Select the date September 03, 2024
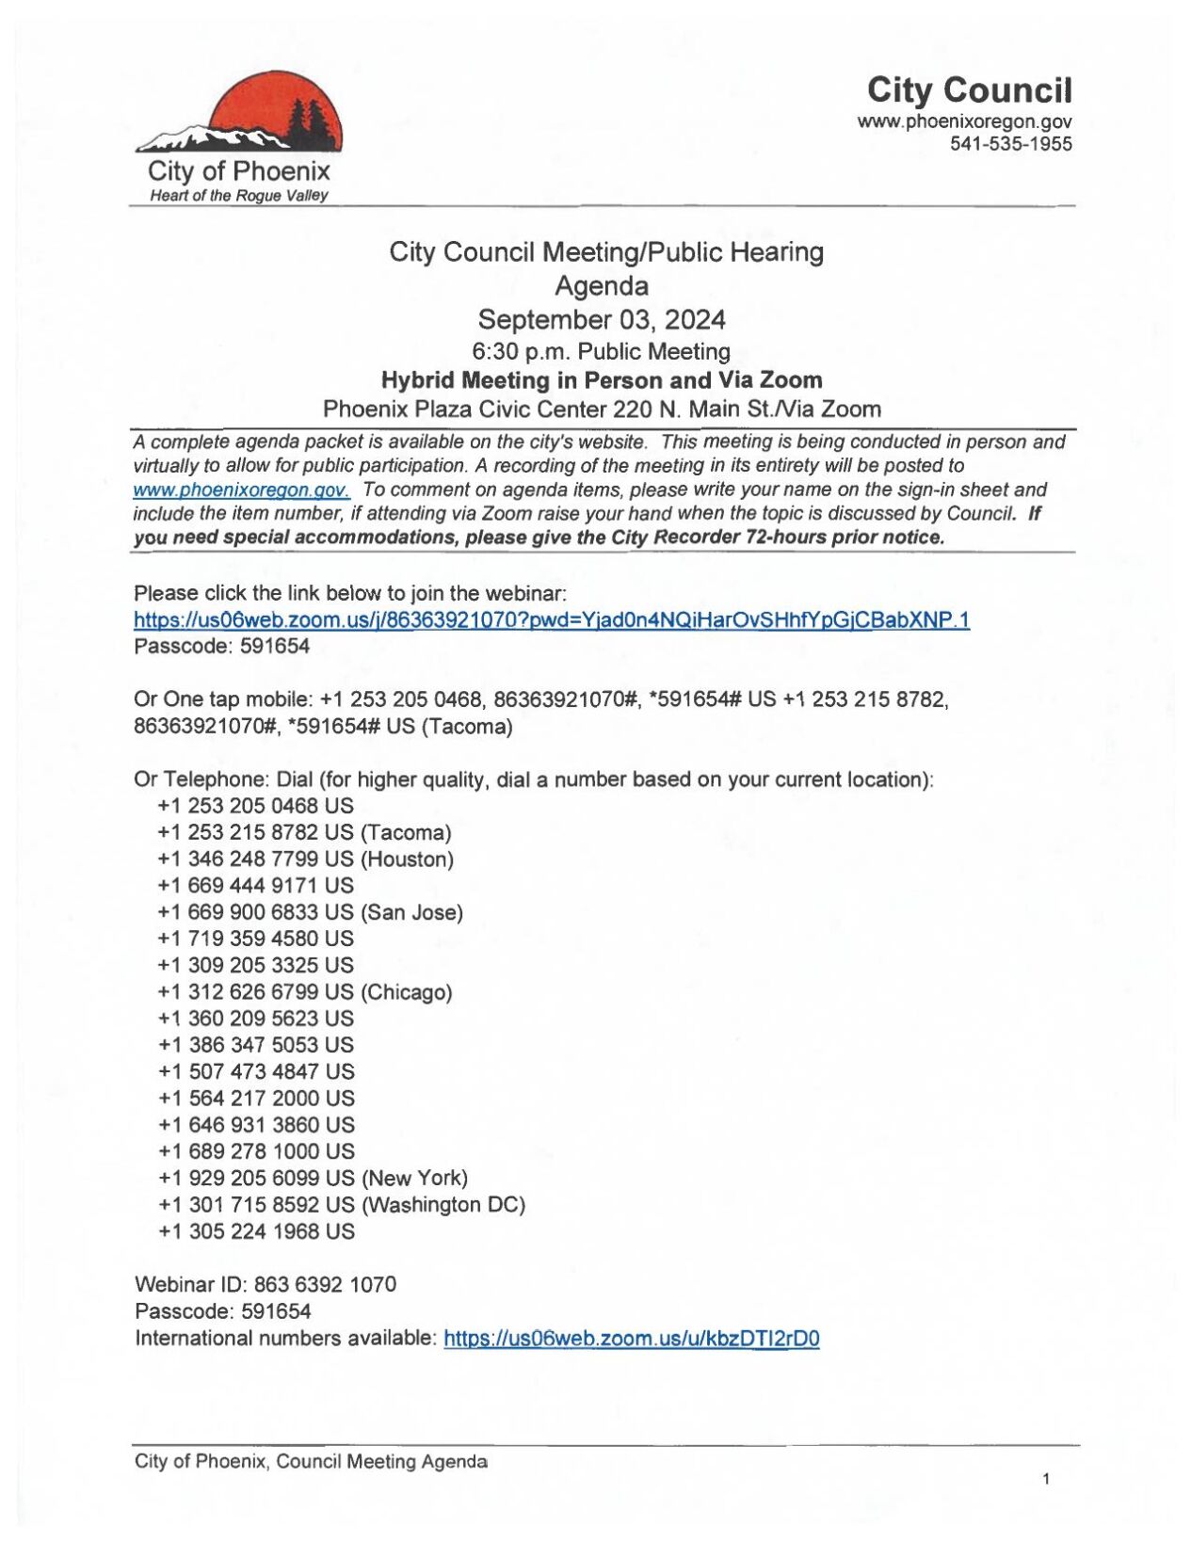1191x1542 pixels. (x=601, y=320)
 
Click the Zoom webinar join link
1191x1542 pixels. (x=551, y=619)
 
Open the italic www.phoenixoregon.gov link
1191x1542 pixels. (x=241, y=490)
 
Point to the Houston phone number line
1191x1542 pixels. (x=305, y=859)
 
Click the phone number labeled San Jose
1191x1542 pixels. (x=310, y=912)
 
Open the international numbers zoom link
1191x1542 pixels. (x=631, y=1339)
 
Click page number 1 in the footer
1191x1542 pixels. (x=1045, y=1479)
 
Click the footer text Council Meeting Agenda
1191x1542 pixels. (x=381, y=1461)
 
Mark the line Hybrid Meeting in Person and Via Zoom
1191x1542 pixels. (x=601, y=380)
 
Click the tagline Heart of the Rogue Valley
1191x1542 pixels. (x=239, y=196)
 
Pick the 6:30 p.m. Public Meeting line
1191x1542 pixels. (x=601, y=351)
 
